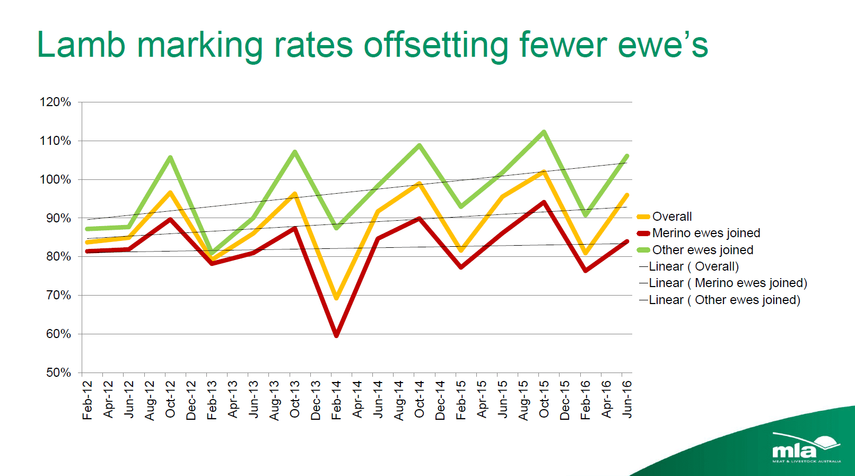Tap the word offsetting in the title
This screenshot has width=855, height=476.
(436, 46)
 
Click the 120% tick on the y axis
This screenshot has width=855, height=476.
(55, 102)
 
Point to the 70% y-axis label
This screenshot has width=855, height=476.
(58, 295)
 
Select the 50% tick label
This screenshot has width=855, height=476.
(58, 373)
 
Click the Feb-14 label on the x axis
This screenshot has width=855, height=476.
(336, 400)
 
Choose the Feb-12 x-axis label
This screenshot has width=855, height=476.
(87, 400)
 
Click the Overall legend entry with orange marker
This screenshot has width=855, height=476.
(671, 217)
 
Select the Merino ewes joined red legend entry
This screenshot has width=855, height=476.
(705, 233)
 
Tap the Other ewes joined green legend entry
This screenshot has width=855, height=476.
(702, 250)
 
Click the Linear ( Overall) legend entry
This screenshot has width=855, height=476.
(693, 266)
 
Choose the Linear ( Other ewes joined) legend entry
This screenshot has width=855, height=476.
(723, 300)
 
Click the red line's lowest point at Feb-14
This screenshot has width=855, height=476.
(336, 335)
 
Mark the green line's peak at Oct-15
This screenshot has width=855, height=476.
(544, 132)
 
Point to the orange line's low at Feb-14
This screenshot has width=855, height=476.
(336, 298)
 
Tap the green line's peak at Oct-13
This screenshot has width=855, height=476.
(295, 152)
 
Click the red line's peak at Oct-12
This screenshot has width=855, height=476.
(170, 219)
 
